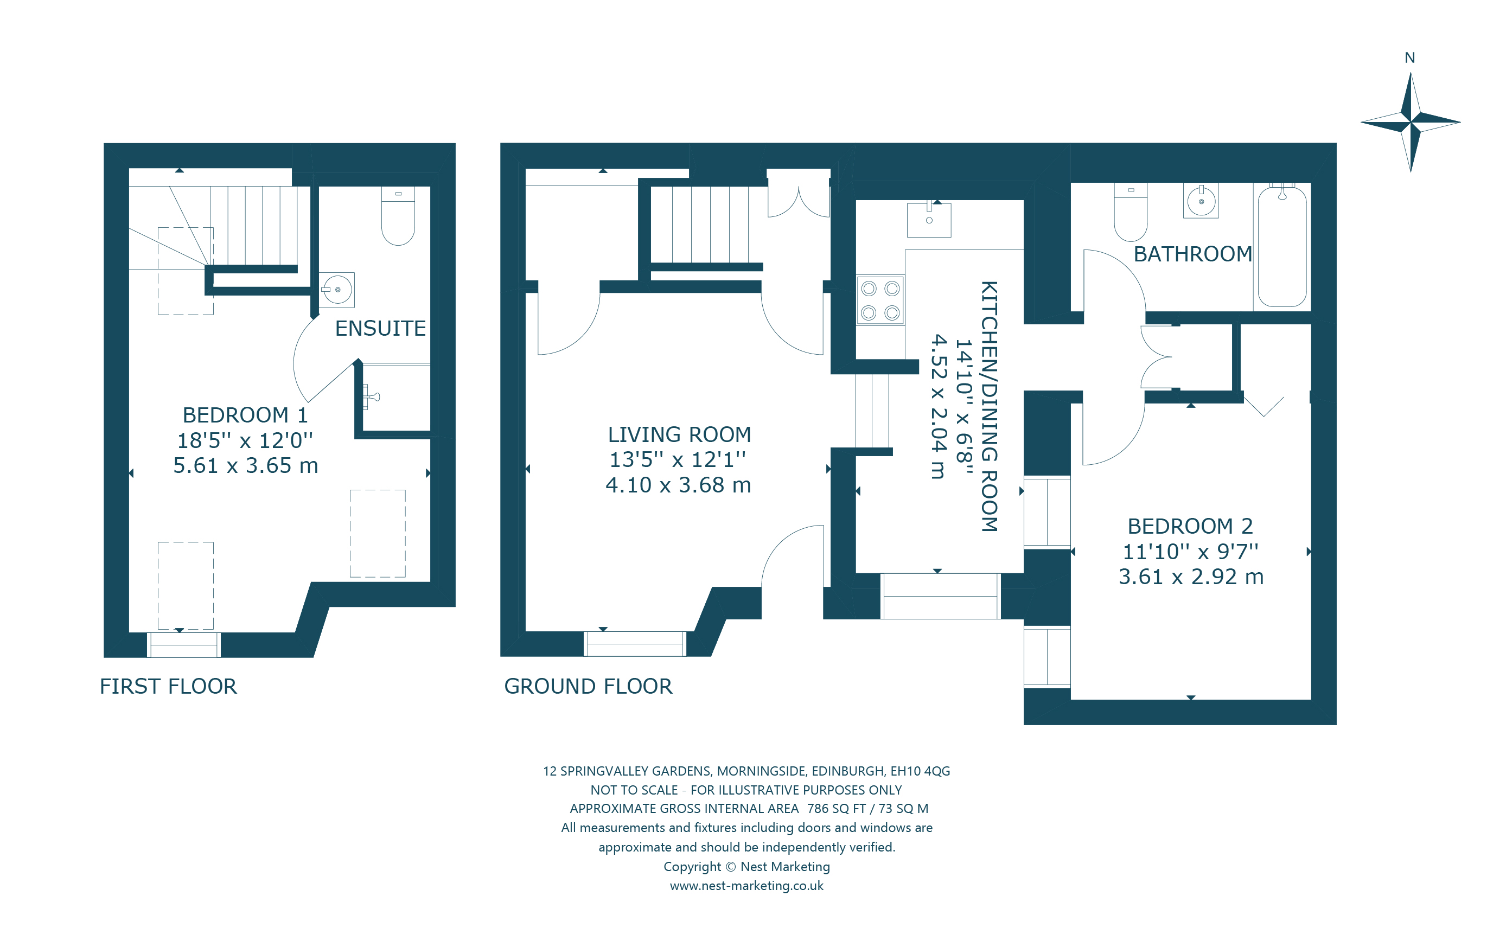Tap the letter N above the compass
(1409, 58)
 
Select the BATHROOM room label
(1192, 254)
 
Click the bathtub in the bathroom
(1282, 247)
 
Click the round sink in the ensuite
(337, 290)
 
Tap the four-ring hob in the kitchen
(880, 300)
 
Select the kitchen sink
(928, 220)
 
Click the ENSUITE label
(380, 328)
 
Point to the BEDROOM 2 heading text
(1190, 526)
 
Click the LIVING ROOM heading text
(679, 434)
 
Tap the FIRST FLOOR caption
(168, 686)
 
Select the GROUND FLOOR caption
(588, 686)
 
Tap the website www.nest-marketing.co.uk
(746, 885)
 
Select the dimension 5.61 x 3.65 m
(245, 465)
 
